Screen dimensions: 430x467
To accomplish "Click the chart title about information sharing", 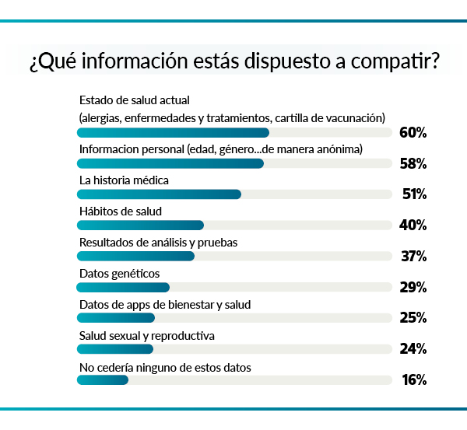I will coord(233,62).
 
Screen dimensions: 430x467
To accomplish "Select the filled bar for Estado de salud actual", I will coord(173,132).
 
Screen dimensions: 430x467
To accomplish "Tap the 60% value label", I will coord(413,133).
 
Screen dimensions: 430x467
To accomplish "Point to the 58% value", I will coord(413,163).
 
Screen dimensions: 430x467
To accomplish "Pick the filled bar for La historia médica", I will coord(159,194).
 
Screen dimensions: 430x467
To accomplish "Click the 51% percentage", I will coord(413,194).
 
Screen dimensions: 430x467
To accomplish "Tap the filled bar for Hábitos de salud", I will coord(140,225).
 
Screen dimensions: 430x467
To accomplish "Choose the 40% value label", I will coord(413,225).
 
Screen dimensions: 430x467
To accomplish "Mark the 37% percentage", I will coord(413,256).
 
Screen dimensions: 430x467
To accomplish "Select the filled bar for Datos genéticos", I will coord(123,287).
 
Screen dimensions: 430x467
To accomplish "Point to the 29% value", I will coord(413,287).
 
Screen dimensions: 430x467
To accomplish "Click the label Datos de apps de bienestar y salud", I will coord(165,304).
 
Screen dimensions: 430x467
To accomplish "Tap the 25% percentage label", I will coord(413,317).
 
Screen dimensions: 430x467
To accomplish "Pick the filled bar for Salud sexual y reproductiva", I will coord(115,349).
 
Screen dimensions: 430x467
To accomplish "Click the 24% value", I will coord(413,348).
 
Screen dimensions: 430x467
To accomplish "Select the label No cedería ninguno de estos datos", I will coord(165,367).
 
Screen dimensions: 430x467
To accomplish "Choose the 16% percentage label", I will coord(413,379).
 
